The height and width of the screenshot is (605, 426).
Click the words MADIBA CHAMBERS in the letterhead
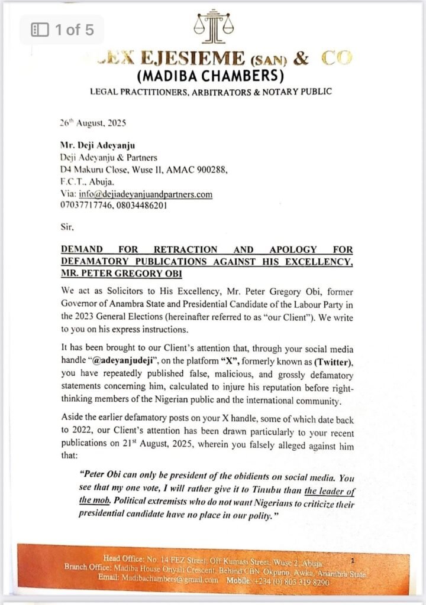(x=210, y=76)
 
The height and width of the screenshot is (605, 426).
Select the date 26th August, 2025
(x=92, y=123)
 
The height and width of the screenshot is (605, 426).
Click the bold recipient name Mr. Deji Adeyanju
(x=98, y=145)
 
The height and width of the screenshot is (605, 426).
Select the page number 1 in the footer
(x=353, y=558)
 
